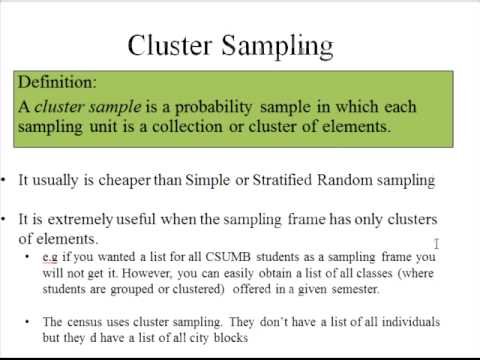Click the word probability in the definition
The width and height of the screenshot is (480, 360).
(x=221, y=106)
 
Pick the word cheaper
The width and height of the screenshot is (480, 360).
(x=123, y=181)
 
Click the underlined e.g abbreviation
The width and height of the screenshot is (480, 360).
(x=50, y=257)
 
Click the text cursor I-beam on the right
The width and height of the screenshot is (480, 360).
(x=437, y=243)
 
